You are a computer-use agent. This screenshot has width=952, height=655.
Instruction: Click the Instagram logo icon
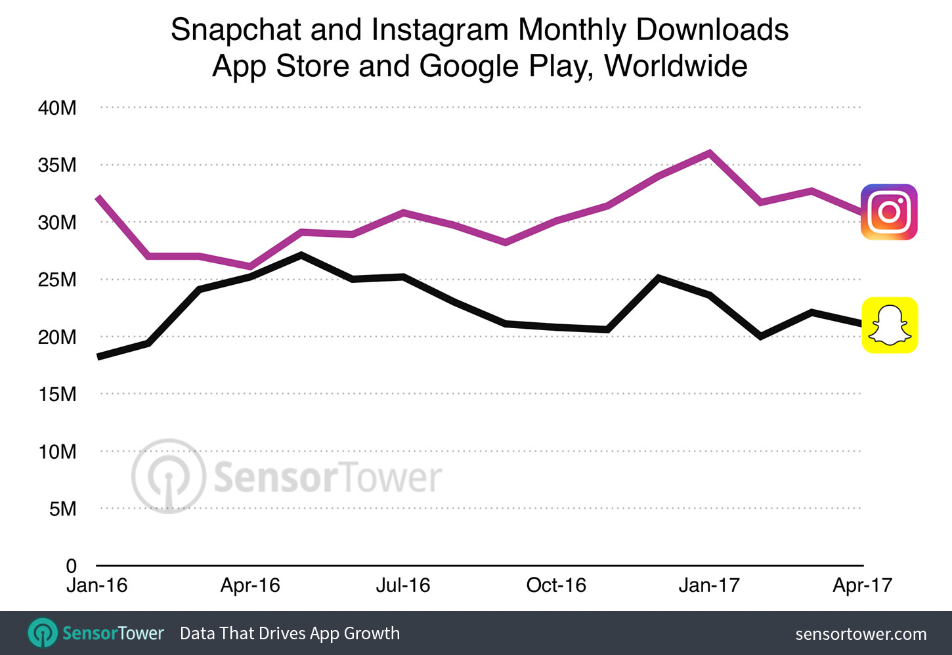coord(889,212)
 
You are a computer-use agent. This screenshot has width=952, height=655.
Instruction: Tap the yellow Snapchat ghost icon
coord(889,326)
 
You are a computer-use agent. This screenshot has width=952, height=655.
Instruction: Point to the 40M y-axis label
coord(57,108)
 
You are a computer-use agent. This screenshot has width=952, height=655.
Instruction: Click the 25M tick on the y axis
coord(57,280)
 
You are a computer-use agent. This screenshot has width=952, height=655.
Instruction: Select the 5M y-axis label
coord(62,509)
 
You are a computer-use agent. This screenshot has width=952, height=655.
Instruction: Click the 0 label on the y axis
coord(71,565)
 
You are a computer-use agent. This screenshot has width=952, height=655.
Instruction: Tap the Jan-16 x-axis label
coord(97,585)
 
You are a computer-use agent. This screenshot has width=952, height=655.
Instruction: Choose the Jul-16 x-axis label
coord(402,585)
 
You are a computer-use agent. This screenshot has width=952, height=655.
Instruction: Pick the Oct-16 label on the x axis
coord(556,585)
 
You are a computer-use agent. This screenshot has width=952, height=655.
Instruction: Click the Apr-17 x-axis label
coord(862,585)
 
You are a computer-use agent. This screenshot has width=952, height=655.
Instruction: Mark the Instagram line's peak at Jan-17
coord(710,153)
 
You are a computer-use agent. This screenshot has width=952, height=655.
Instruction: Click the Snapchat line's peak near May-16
coord(301,255)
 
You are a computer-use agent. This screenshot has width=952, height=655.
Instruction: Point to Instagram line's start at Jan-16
coord(98,198)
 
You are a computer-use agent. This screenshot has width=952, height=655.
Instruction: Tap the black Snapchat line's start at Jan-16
coord(99,356)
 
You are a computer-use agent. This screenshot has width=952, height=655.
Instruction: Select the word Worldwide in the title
coord(676,66)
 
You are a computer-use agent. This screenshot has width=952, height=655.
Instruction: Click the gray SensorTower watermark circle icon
coord(169,476)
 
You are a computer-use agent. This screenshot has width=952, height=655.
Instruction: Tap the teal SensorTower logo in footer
coord(43,633)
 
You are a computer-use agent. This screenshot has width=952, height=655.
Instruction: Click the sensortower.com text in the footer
coord(861,634)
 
